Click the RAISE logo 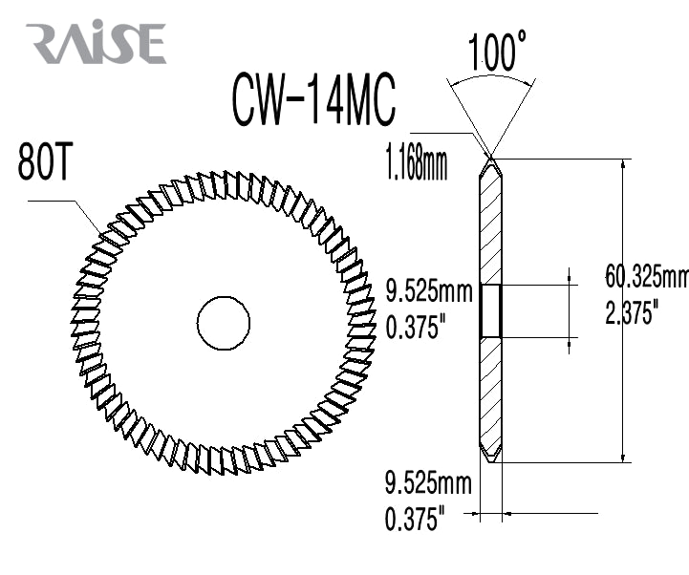click(96, 44)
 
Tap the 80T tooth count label click(44, 164)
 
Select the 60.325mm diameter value click(647, 277)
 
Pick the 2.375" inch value click(631, 312)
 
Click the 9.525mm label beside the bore click(428, 292)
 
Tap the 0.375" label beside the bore click(416, 329)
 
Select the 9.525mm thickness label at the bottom click(428, 483)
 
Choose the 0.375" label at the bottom click(416, 520)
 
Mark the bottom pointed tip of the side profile click(491, 463)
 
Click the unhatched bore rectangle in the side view click(491, 310)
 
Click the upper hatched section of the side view click(491, 229)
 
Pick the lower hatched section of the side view click(491, 392)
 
